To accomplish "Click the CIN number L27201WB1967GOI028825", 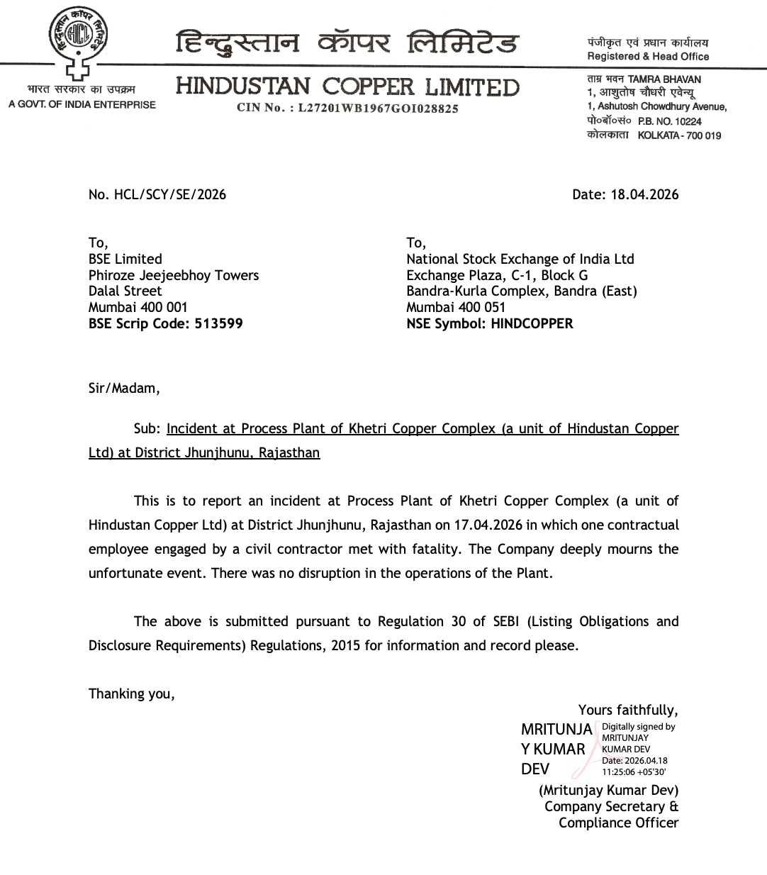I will coord(378,108).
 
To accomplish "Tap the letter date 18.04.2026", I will coord(644,194).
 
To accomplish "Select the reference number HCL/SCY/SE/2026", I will coord(170,194).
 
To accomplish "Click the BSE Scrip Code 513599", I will coord(218,323).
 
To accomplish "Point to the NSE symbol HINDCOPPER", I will coord(532,323).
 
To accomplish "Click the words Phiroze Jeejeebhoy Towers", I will coord(174,275).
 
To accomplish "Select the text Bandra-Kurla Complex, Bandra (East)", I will coord(522,291).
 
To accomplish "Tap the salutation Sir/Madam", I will coord(124,388).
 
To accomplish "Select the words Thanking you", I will coord(131,693).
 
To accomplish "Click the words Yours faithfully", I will coord(627,710).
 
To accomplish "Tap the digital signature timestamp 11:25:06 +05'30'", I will coord(634,772).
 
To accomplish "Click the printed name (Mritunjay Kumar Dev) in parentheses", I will coord(608,790).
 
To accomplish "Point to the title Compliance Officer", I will coord(618,823).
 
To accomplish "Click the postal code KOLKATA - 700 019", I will coord(679,135).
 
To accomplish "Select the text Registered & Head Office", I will coord(648,57).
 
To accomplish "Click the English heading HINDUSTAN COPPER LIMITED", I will coord(347,87).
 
